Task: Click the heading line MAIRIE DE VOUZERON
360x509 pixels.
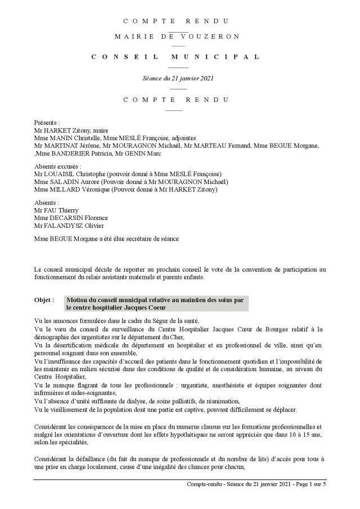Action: click(x=177, y=37)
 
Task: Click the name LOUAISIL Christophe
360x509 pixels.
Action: click(x=74, y=174)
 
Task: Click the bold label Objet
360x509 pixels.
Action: click(x=44, y=301)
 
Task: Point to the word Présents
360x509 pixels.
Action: click(x=46, y=122)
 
